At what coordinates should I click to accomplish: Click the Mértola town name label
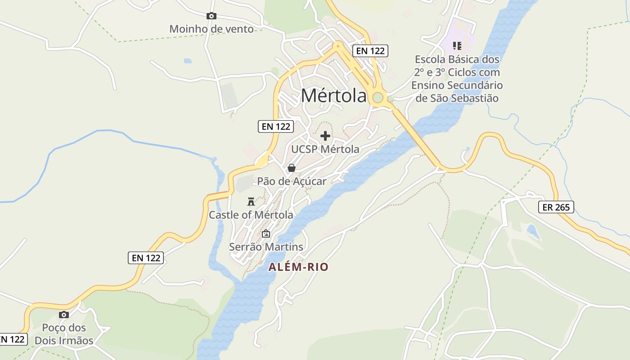tap(333, 95)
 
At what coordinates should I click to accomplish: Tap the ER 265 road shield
tap(556, 207)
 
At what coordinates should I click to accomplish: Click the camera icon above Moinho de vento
tap(211, 16)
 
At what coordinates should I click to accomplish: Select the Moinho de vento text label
tap(211, 29)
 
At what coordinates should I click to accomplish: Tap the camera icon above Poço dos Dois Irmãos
tap(64, 315)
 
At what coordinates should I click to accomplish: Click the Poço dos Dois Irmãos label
tap(64, 334)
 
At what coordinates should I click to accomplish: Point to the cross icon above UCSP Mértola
tap(325, 136)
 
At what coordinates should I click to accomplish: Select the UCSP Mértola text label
tap(325, 149)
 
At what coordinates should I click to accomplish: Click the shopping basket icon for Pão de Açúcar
tap(292, 168)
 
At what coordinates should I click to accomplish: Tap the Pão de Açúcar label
tap(292, 181)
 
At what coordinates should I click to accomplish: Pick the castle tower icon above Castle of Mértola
tap(251, 202)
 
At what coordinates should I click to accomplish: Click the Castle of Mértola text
tap(251, 215)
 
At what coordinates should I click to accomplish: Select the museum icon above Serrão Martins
tap(266, 234)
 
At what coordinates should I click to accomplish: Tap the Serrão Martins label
tap(266, 247)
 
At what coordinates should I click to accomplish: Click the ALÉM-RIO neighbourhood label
tap(298, 267)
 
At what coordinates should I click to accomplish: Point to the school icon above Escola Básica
tap(457, 45)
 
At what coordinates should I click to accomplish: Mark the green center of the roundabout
tap(378, 97)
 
